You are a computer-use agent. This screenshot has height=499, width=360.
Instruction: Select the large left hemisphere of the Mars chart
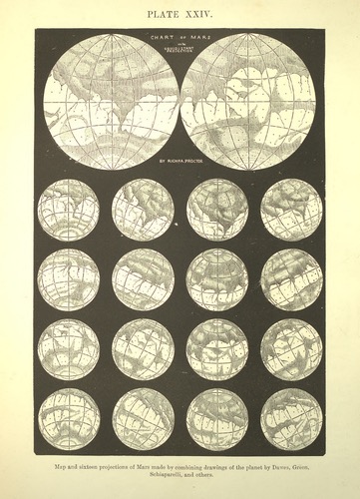point(111,101)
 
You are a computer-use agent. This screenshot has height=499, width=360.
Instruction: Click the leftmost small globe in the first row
point(69,210)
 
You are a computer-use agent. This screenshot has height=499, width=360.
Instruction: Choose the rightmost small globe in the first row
point(291,210)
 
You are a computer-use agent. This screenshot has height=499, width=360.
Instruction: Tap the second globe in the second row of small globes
point(143,279)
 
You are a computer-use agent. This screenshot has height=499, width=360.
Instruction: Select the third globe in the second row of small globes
point(217,279)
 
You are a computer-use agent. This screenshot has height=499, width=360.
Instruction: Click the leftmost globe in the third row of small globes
point(69,349)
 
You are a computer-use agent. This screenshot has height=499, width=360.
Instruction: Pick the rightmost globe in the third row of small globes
point(291,349)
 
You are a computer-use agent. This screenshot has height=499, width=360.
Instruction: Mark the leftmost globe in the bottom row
point(69,419)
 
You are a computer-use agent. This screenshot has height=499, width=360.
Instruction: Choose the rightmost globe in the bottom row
point(291,419)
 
